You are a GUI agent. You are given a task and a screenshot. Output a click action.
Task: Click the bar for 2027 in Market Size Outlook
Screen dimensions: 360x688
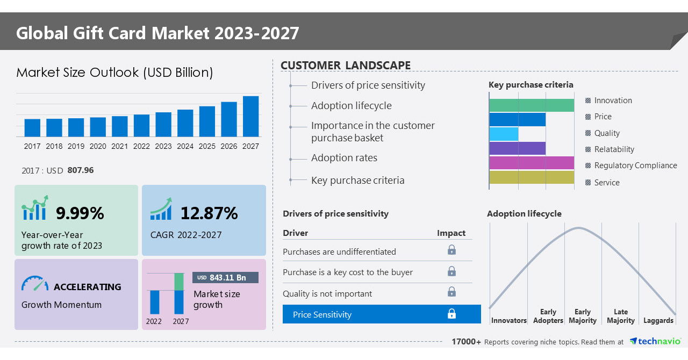(x=250, y=117)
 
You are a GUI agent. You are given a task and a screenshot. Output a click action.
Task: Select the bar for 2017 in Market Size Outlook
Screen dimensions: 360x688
(x=32, y=128)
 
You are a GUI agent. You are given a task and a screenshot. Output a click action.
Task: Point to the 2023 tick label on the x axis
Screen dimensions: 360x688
(x=163, y=146)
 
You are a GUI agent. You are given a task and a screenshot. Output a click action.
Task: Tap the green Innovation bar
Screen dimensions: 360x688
(x=531, y=105)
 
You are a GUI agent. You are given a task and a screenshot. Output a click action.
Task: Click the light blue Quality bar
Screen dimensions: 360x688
(x=504, y=134)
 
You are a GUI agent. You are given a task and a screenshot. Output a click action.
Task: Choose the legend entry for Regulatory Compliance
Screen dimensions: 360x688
(x=635, y=165)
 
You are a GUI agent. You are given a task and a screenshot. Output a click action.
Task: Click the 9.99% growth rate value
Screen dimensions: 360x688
(x=80, y=213)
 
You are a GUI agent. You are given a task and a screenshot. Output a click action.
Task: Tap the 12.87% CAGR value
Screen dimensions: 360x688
(x=209, y=213)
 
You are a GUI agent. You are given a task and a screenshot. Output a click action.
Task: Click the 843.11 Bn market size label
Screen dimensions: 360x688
(x=225, y=277)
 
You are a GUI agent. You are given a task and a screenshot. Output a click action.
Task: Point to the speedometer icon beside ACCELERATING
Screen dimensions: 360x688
(x=34, y=284)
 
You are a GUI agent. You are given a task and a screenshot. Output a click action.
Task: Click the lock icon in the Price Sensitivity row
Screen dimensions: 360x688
(x=451, y=314)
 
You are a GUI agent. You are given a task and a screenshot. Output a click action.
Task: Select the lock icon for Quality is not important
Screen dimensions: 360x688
(x=451, y=292)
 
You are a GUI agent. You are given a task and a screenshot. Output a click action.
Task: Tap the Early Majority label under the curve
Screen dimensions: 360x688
(x=583, y=316)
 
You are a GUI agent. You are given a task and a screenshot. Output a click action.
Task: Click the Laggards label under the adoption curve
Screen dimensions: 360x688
(x=658, y=320)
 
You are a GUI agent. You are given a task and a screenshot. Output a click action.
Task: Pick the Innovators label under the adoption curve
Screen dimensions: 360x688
(x=508, y=320)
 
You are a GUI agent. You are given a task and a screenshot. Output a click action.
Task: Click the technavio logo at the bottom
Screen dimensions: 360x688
(x=655, y=342)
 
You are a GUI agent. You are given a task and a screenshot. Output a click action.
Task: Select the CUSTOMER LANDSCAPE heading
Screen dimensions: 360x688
(x=346, y=66)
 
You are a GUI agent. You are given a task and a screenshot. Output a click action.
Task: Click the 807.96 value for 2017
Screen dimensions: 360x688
(x=81, y=170)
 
